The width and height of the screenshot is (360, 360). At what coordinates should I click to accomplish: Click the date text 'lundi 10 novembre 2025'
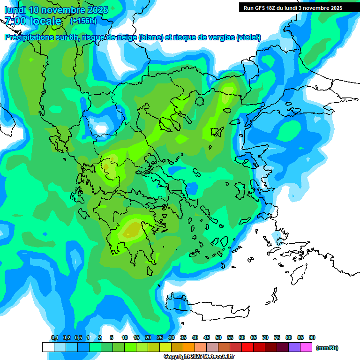click(x=56, y=10)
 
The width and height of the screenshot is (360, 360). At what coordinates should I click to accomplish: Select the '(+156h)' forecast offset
click(x=83, y=21)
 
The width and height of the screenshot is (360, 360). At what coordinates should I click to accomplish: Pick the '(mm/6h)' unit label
click(x=327, y=348)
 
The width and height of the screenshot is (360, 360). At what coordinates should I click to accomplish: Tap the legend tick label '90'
click(x=312, y=338)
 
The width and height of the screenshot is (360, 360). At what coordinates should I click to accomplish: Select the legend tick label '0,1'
click(x=55, y=338)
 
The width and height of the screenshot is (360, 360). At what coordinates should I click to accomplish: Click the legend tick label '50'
click(x=218, y=338)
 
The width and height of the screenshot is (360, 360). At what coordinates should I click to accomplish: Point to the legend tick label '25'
click(x=160, y=338)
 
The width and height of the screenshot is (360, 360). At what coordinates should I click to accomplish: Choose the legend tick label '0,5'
click(x=78, y=338)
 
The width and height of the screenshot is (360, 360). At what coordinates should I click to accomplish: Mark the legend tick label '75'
click(x=277, y=338)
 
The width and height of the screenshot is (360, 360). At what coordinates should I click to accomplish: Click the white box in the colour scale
click(x=48, y=347)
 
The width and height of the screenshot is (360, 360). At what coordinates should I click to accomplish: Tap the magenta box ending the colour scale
click(x=306, y=347)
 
